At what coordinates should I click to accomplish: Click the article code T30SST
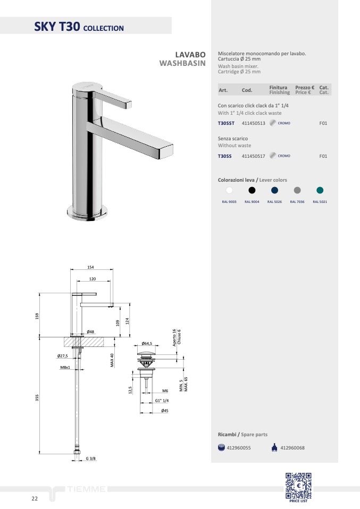pyautogui.click(x=226, y=123)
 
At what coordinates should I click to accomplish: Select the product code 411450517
pyautogui.click(x=254, y=156)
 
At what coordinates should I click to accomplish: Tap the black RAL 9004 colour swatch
pyautogui.click(x=252, y=190)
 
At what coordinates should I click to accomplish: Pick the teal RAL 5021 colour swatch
pyautogui.click(x=320, y=190)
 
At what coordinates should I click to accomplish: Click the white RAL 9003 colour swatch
pyautogui.click(x=229, y=190)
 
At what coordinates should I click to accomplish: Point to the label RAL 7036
pyautogui.click(x=297, y=202)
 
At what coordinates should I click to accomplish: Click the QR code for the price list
pyautogui.click(x=298, y=485)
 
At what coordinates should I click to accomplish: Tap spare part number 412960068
pyautogui.click(x=292, y=448)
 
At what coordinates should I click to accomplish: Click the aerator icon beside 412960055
pyautogui.click(x=221, y=447)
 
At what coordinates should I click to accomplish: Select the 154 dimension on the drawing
pyautogui.click(x=90, y=267)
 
